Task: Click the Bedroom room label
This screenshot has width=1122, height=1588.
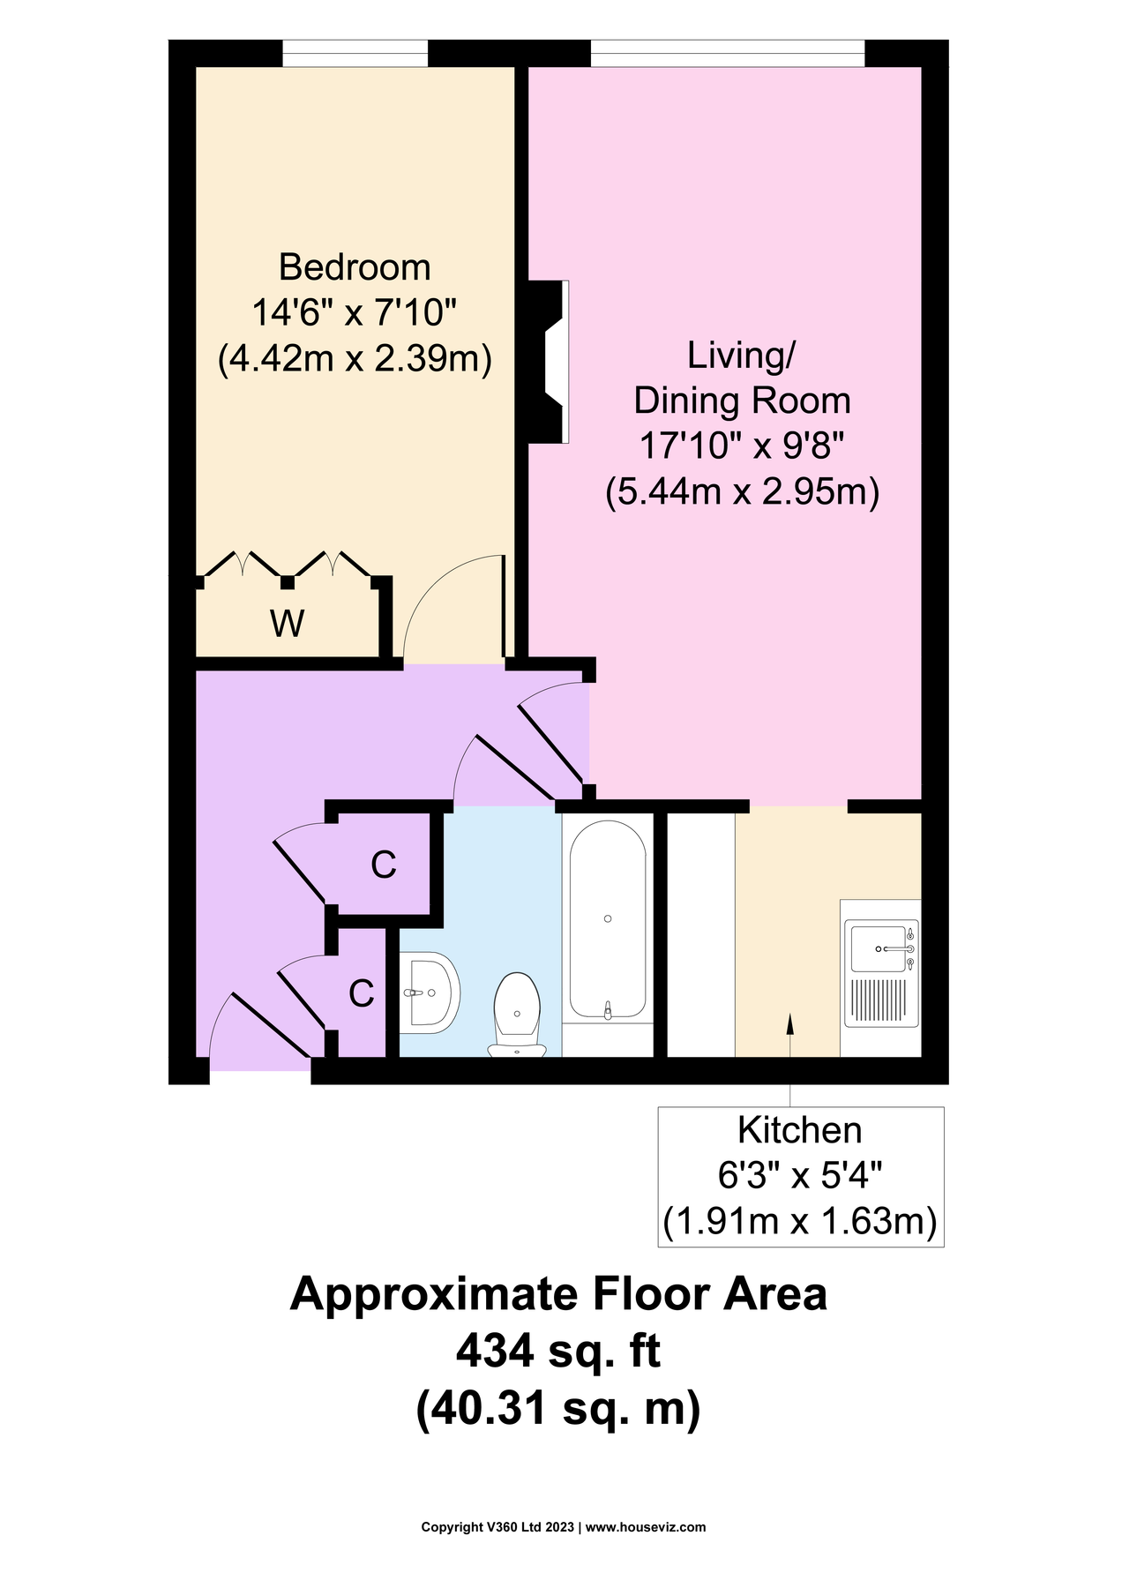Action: tap(355, 266)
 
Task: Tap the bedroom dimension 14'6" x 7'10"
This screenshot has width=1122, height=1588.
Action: tap(355, 312)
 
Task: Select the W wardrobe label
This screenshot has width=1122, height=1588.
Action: tap(288, 624)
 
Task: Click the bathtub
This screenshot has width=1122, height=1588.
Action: tap(608, 922)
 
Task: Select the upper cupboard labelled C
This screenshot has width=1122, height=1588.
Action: tap(383, 865)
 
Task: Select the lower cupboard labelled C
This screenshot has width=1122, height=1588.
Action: tap(362, 993)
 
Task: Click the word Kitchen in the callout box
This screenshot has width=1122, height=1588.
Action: tap(799, 1130)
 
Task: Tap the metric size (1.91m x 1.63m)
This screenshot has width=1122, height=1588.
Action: tap(799, 1222)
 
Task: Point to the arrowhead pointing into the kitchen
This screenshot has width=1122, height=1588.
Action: tap(789, 1022)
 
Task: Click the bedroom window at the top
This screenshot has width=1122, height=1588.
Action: tap(355, 54)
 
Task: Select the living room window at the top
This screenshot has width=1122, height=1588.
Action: tap(728, 54)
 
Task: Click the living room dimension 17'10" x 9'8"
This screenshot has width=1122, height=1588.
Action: tap(742, 446)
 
